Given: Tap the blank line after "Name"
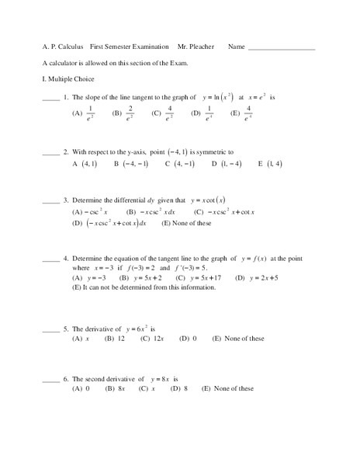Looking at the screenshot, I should click(x=281, y=48).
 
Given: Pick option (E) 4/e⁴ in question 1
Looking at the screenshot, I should click(x=241, y=115).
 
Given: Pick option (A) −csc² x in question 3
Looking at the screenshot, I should click(x=90, y=211).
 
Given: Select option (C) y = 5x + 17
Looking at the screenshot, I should click(x=199, y=277).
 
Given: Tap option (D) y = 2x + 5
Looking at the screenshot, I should click(x=257, y=277).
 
